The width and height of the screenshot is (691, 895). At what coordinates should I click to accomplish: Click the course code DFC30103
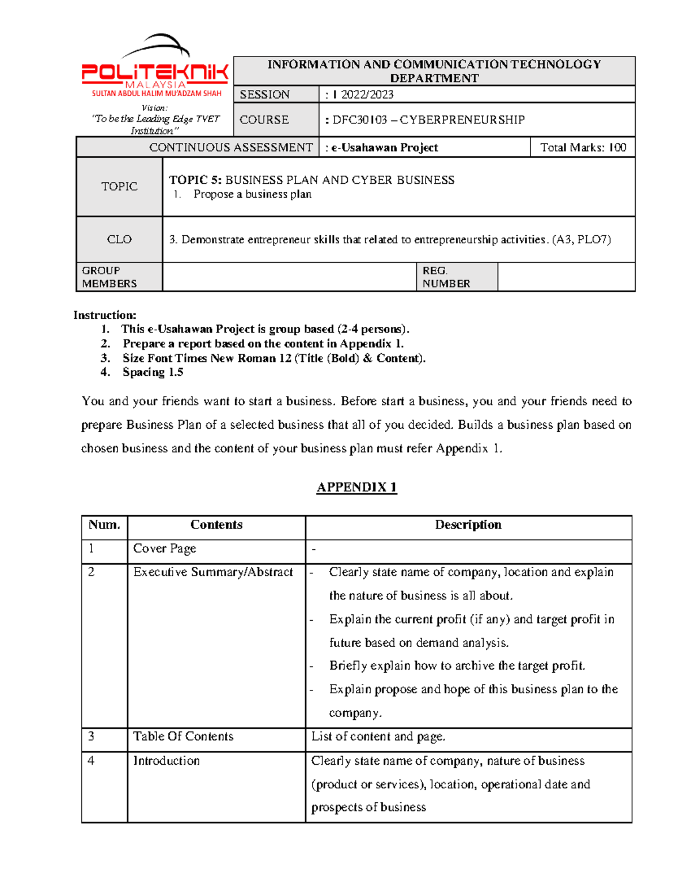click(x=360, y=120)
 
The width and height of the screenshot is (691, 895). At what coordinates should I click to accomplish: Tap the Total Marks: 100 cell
click(x=582, y=148)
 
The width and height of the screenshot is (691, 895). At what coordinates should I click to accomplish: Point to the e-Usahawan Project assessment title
click(x=384, y=148)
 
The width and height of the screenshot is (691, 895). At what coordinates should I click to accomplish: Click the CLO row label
click(x=119, y=239)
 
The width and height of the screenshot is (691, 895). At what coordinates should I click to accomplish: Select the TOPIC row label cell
click(x=119, y=186)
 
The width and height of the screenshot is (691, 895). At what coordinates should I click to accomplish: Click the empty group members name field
click(x=289, y=277)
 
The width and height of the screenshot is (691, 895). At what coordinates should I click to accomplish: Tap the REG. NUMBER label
click(x=446, y=277)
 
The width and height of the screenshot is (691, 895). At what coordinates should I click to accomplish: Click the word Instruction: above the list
click(x=105, y=315)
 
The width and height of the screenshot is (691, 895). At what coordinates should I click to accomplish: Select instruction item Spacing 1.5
click(x=153, y=372)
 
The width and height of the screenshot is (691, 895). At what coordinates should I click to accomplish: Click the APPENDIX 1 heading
click(x=356, y=487)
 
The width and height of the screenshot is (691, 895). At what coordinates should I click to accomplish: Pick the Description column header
click(x=468, y=525)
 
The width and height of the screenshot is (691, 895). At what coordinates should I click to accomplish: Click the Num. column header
click(x=104, y=525)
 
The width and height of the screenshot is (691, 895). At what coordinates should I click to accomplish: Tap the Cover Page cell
click(x=165, y=549)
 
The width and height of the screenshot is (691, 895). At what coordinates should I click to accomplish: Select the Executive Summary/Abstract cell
click(x=213, y=572)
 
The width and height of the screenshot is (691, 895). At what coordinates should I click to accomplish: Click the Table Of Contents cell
click(x=183, y=737)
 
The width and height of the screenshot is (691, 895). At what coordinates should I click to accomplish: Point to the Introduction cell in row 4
click(x=166, y=761)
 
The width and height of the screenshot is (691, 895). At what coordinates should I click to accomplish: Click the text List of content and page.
click(x=378, y=737)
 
